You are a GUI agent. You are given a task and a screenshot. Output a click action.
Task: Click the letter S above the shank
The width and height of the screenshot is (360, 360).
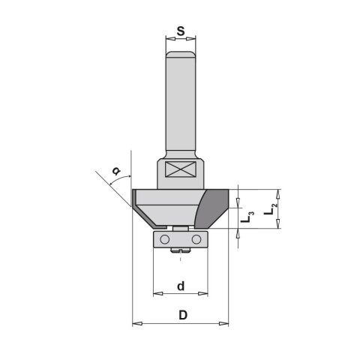180,32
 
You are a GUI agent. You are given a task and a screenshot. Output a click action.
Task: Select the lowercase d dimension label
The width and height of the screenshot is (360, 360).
180,286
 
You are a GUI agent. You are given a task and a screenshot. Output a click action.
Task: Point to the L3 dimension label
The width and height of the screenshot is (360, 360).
251,216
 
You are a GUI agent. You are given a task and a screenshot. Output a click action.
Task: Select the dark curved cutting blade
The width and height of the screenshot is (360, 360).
213,206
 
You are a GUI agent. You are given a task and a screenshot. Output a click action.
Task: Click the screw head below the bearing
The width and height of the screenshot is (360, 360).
180,251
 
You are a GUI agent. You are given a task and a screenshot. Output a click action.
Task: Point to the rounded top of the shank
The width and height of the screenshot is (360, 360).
180,54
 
